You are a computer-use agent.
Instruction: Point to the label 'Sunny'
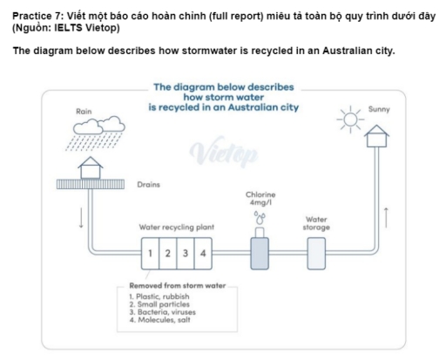pos(380,110)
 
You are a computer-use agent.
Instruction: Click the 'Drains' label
pos(150,185)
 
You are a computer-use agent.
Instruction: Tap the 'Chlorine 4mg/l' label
pos(261,199)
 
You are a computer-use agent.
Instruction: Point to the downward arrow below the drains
pos(81,218)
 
